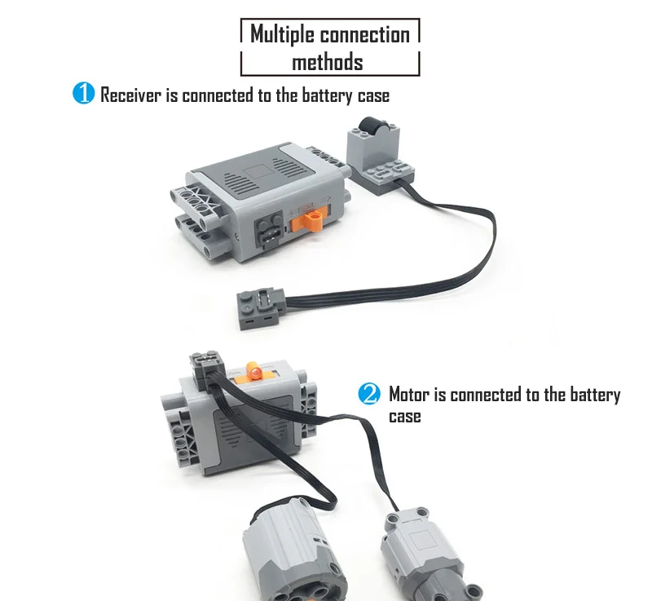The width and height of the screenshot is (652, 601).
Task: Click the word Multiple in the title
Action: [x=282, y=34]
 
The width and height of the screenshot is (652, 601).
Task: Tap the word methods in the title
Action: [x=327, y=62]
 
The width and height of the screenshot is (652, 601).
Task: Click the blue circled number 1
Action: [x=84, y=94]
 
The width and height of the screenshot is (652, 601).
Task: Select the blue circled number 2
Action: [x=369, y=395]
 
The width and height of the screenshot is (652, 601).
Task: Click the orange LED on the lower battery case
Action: [x=254, y=373]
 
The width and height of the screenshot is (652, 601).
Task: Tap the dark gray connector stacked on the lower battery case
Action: [x=205, y=363]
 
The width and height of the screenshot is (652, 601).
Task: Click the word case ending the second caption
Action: [x=405, y=417]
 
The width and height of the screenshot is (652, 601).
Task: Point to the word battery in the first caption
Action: [x=326, y=95]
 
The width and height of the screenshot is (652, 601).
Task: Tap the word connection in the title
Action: [x=364, y=34]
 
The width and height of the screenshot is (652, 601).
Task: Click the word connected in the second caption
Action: [x=487, y=396]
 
